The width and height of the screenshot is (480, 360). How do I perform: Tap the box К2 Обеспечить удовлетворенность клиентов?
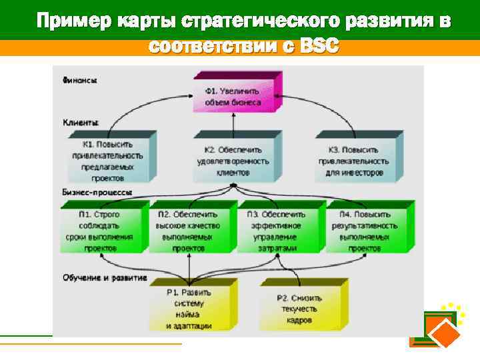pos(233,161)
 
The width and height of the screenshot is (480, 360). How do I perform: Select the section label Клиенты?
pos(81,123)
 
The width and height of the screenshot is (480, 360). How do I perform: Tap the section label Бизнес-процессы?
pos(97,192)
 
